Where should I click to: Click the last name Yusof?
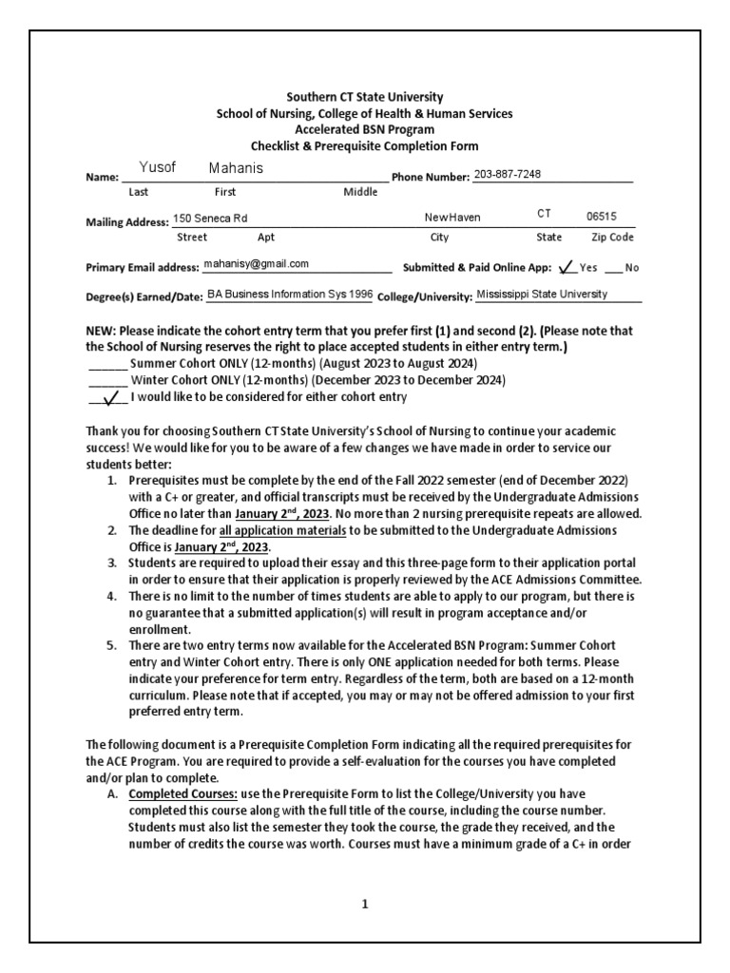click(x=158, y=168)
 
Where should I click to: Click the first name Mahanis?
click(x=236, y=168)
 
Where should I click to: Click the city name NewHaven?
click(x=452, y=218)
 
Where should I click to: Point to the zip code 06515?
click(x=603, y=217)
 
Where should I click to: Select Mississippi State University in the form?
click(x=542, y=295)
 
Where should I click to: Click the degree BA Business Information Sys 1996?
click(x=290, y=295)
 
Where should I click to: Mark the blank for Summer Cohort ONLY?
click(x=106, y=366)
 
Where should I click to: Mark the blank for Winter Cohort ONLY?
click(x=106, y=381)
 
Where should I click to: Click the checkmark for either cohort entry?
click(x=110, y=397)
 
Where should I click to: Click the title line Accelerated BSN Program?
click(x=365, y=130)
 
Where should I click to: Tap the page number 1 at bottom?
click(x=364, y=905)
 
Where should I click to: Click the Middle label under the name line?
click(x=360, y=192)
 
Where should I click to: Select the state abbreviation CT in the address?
click(x=544, y=215)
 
